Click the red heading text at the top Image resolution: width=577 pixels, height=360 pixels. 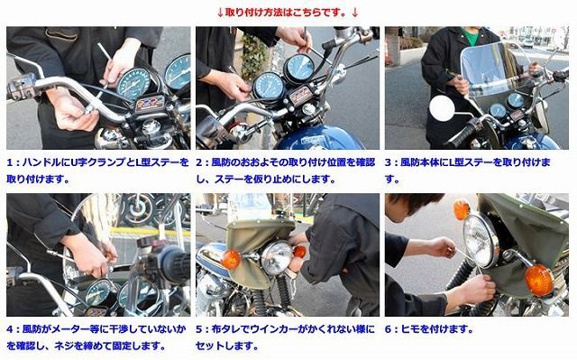coord(288,12)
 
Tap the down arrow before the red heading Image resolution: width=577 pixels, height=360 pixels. coord(221,12)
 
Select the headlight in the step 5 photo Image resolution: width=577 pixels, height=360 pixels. coord(276,258)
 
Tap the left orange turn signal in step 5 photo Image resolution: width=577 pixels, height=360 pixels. coord(231,260)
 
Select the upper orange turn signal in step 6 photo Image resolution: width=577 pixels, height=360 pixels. coord(463,209)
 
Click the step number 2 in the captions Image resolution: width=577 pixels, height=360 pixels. coord(200,162)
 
